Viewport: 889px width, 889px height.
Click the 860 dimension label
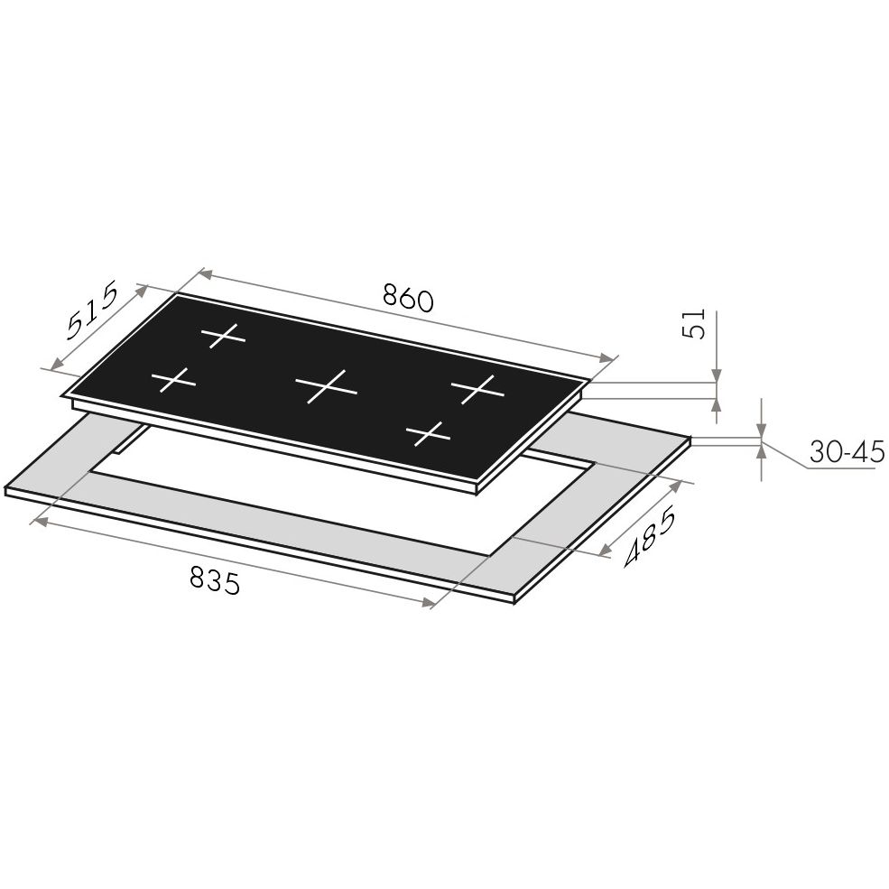point(408,298)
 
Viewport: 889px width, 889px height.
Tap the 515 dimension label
point(93,310)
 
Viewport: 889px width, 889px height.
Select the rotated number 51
point(694,324)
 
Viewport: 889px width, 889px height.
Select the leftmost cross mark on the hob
point(173,379)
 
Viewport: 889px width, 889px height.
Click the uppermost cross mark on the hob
point(224,336)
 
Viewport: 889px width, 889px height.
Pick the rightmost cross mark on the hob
point(477,389)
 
